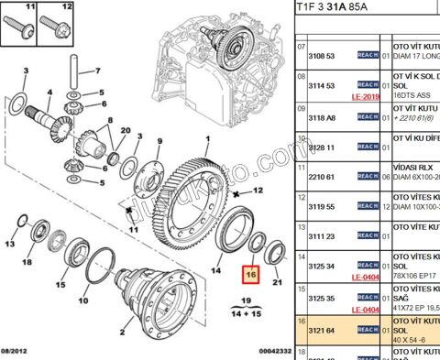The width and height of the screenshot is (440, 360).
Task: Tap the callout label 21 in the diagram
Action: tap(279, 282)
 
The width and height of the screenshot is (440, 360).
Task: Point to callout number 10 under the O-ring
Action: tap(84, 300)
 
